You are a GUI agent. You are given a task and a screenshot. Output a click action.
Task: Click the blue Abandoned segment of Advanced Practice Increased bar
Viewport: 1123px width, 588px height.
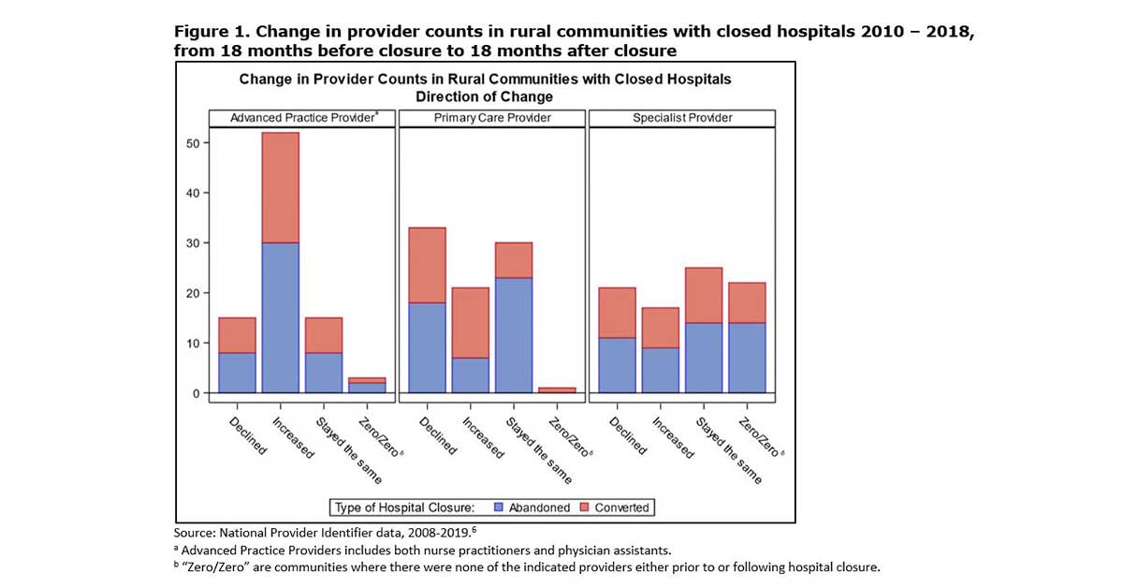(281, 317)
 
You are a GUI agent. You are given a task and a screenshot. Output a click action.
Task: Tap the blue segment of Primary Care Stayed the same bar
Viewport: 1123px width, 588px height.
(513, 334)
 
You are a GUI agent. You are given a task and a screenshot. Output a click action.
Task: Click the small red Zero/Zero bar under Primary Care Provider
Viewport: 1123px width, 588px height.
(556, 390)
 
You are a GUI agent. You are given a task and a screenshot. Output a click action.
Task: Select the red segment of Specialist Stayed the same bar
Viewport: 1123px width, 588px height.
(704, 295)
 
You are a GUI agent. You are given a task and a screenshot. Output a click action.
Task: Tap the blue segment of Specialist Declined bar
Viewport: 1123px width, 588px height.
(618, 364)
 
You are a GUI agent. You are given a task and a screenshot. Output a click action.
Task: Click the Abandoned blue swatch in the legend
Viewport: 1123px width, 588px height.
(499, 507)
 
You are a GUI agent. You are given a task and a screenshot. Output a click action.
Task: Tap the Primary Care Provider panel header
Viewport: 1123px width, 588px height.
(492, 118)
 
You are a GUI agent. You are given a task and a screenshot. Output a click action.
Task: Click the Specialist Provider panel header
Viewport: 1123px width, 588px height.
(681, 118)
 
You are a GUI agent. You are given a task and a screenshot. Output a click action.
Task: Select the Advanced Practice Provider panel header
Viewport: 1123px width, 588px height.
(302, 118)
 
